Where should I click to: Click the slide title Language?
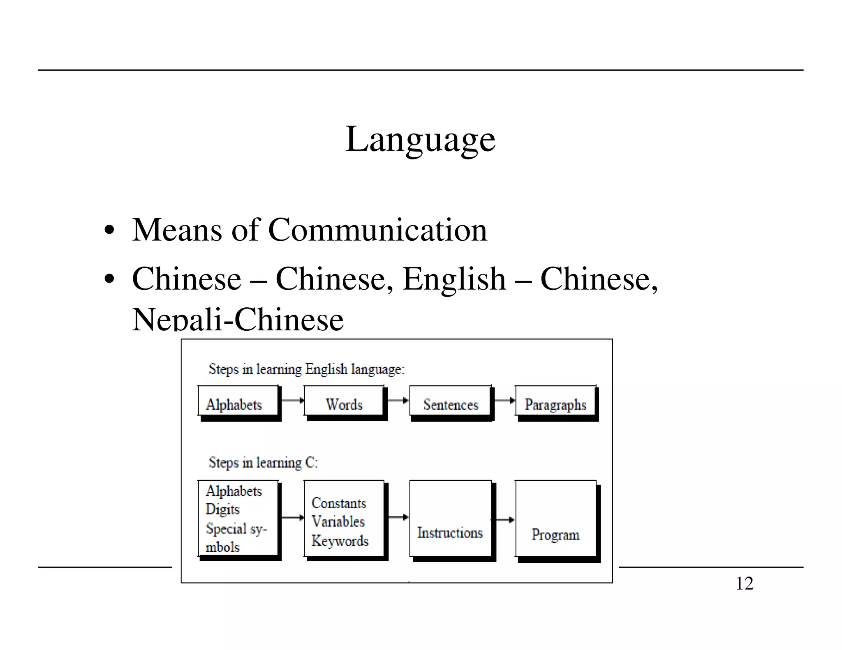[420, 140]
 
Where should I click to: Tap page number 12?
[744, 583]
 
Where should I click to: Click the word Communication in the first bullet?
[377, 230]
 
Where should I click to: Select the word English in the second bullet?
[454, 279]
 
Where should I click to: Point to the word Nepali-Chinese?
[238, 320]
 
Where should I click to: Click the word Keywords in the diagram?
[340, 541]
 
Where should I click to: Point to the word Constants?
[339, 503]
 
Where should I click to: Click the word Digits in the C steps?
[222, 509]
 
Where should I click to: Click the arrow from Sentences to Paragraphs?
[504, 400]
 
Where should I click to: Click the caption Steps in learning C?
[263, 463]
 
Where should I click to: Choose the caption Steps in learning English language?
[307, 369]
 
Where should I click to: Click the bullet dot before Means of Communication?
[109, 230]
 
